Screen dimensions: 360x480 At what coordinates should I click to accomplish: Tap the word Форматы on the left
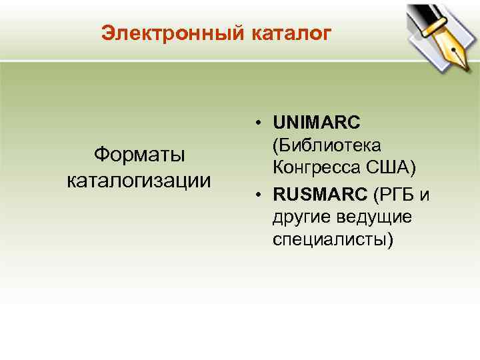click(139, 155)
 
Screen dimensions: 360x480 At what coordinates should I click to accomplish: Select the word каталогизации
click(139, 180)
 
